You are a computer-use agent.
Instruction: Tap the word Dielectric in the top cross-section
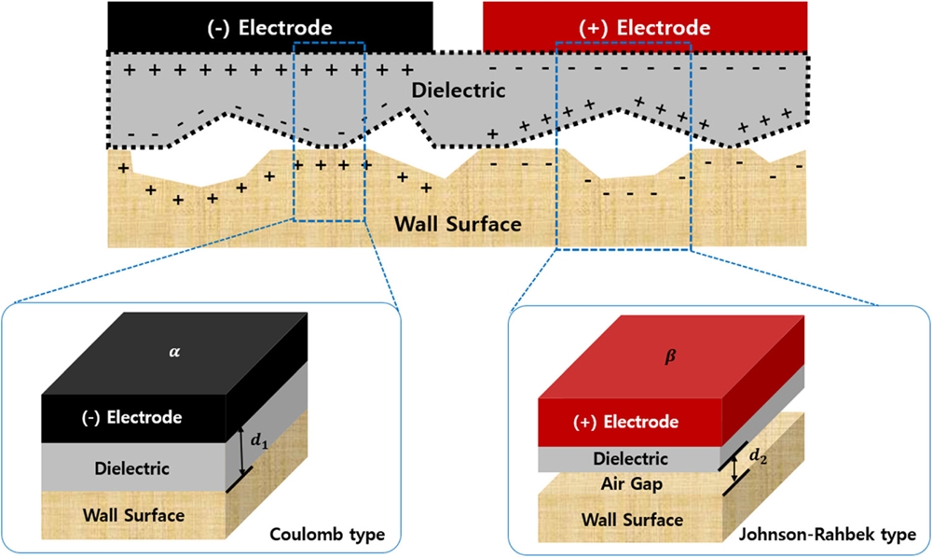pos(459,91)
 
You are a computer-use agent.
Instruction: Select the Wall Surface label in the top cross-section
pos(457,224)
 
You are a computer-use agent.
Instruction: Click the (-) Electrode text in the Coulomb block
pos(131,417)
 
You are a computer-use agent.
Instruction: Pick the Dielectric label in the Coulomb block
pos(131,468)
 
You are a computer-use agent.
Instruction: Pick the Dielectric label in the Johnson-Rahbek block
pos(631,459)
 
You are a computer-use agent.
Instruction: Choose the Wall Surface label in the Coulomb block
pos(134,514)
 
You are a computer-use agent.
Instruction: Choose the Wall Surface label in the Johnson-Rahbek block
pos(631,519)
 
